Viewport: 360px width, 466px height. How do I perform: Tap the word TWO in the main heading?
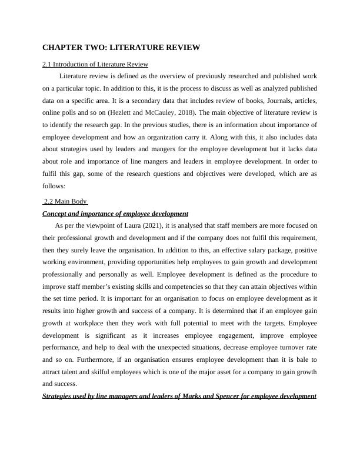coord(97,47)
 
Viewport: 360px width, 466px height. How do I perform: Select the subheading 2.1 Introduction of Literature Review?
coord(95,64)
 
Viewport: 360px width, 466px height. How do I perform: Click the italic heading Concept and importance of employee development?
coord(115,214)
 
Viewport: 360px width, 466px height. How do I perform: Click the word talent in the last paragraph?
coord(75,372)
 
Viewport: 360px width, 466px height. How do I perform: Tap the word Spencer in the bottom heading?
coord(208,396)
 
